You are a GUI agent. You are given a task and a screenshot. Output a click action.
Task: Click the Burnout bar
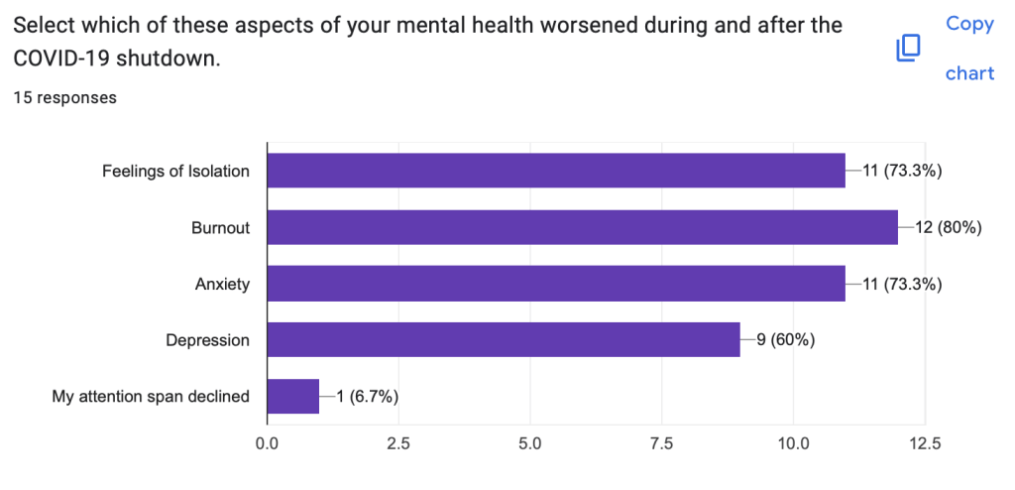click(x=583, y=227)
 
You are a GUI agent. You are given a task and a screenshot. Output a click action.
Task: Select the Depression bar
click(x=504, y=340)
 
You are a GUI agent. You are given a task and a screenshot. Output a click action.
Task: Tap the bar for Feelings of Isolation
click(x=556, y=171)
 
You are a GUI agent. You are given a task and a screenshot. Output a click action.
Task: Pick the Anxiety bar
click(x=556, y=284)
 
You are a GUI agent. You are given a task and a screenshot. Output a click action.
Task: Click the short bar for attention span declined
click(x=293, y=397)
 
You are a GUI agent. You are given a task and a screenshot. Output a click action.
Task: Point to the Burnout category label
click(x=220, y=228)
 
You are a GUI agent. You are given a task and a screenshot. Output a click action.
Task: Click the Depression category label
click(x=207, y=341)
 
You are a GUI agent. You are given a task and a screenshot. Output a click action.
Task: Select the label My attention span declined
click(x=151, y=398)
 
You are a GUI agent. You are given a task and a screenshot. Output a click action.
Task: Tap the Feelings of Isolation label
click(x=175, y=172)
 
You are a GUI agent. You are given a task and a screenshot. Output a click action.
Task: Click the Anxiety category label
click(x=222, y=285)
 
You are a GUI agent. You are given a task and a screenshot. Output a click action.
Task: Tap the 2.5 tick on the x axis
click(x=398, y=443)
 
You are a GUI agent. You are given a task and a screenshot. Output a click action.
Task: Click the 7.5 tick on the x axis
click(x=661, y=443)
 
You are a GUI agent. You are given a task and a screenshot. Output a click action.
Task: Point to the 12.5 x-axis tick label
click(x=924, y=443)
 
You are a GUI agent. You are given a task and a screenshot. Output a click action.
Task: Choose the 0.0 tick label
click(x=268, y=443)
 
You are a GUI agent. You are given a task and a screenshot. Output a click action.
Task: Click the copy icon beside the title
click(x=908, y=49)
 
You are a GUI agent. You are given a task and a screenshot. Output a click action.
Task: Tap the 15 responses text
click(x=65, y=97)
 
